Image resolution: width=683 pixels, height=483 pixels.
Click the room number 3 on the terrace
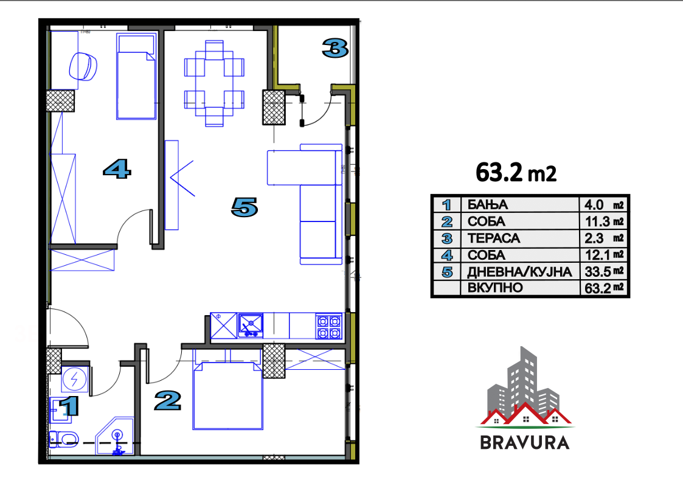coord(335,48)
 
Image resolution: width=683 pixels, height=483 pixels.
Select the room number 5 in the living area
coord(244,207)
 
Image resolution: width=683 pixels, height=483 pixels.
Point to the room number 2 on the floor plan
coord(168,401)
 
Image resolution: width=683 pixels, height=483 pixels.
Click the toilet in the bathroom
coord(63,439)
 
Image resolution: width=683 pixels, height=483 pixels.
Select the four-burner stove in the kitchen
coord(329,326)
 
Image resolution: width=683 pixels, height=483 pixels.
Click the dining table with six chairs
coord(214,83)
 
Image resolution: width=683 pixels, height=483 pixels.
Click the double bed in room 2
coord(228,395)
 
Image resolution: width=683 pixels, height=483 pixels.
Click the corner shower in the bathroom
coord(114,436)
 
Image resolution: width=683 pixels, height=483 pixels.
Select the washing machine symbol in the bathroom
coord(75,380)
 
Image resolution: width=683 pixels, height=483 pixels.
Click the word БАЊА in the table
coord(487,205)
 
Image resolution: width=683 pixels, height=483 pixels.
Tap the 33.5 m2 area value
coord(604,271)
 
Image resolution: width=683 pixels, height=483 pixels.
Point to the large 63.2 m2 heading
coord(516,173)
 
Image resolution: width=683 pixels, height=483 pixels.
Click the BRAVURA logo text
coord(525,442)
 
